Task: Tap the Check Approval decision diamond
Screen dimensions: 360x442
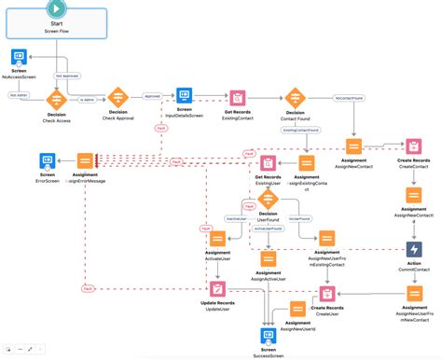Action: [x=117, y=97]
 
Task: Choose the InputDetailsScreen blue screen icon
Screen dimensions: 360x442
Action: [x=184, y=96]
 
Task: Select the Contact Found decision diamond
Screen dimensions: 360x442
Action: [x=295, y=98]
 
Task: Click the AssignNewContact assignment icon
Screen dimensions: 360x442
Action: [x=354, y=146]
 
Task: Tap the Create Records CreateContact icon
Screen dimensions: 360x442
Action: [x=413, y=146]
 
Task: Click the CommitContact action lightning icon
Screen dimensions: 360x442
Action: [x=413, y=249]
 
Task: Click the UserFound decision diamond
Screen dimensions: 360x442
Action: [x=269, y=198]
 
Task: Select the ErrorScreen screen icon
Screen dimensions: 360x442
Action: [x=21, y=160]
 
